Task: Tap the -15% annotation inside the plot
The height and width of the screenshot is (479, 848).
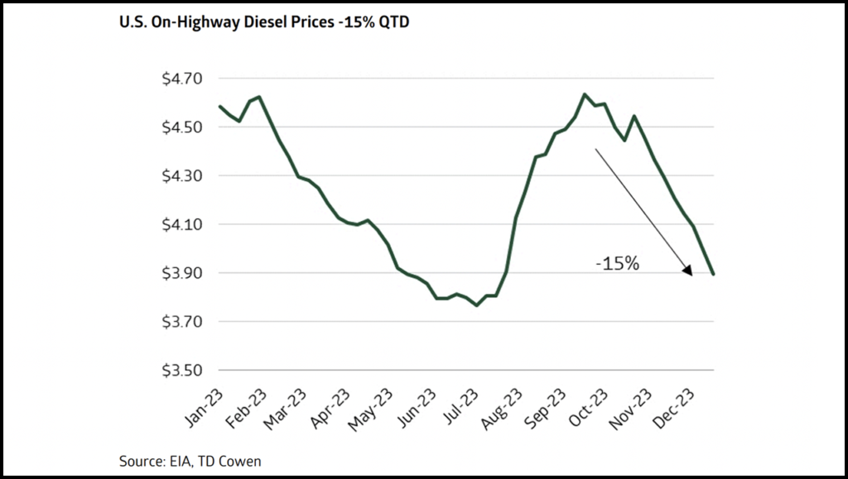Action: [618, 266]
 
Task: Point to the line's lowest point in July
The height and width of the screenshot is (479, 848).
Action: [476, 305]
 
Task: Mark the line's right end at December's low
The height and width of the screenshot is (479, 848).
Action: [714, 274]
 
